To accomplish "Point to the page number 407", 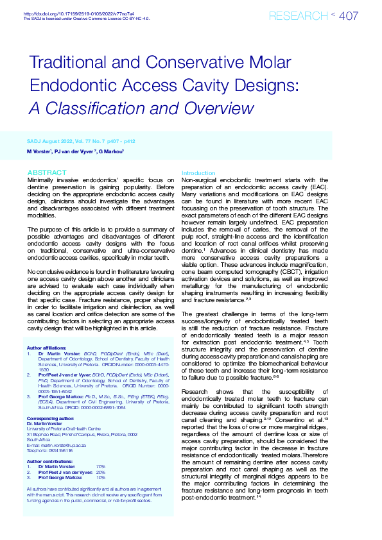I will (x=348, y=16).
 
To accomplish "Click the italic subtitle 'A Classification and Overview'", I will (x=141, y=108).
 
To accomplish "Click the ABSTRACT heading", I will (x=47, y=173).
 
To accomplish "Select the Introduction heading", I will (x=198, y=173).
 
